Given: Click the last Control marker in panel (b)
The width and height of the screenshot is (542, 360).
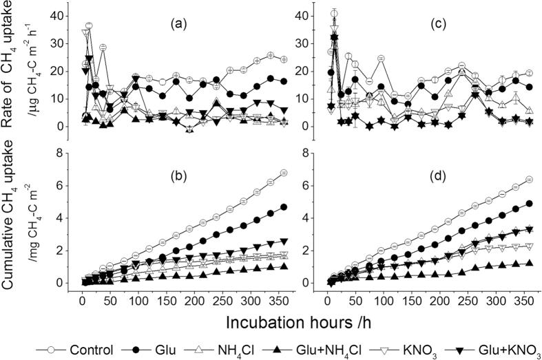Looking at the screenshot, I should pos(245,173).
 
